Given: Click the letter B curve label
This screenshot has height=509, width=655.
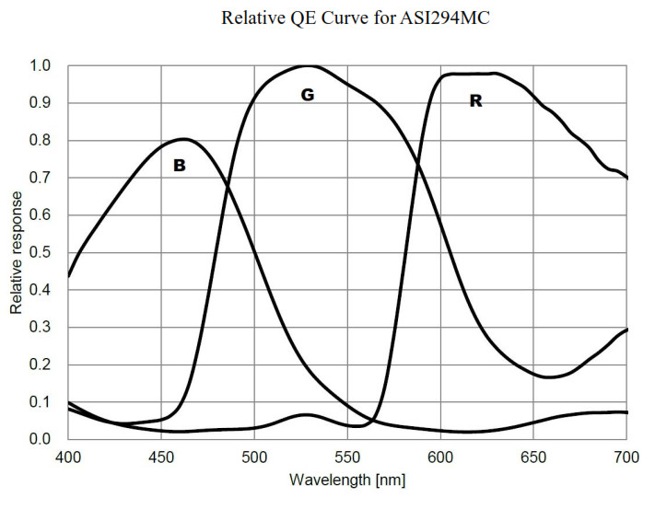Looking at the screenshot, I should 180,166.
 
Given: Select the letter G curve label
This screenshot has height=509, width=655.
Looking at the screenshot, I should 308,95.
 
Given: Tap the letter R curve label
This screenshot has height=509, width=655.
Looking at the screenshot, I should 475,101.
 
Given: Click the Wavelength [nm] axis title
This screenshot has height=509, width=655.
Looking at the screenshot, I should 347,480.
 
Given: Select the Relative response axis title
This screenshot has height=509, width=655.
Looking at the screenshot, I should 17,252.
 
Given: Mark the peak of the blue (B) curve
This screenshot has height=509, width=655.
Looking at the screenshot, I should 184,139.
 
